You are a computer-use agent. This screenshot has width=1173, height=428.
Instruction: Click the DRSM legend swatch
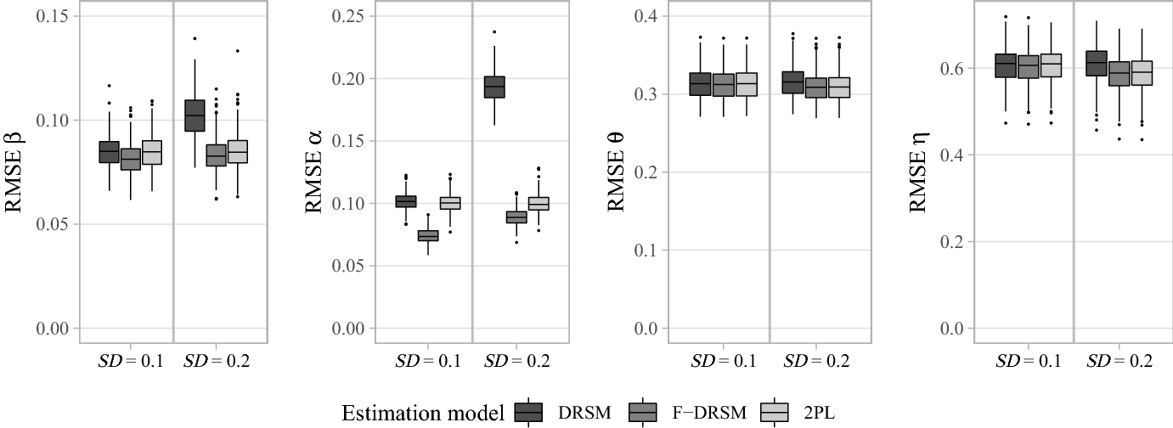coord(527,414)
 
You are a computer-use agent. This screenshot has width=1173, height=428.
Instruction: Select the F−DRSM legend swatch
coord(642,414)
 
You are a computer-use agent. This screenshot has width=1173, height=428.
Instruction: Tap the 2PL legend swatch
coord(774,414)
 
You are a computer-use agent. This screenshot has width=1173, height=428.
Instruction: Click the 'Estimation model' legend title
coord(423,414)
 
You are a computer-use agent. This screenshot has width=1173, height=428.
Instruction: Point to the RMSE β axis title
coord(14,172)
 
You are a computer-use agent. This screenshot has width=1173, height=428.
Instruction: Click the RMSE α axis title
coord(313,172)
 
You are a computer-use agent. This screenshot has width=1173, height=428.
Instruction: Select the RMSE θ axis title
coord(616,172)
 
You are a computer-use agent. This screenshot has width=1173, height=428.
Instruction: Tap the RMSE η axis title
coord(918,172)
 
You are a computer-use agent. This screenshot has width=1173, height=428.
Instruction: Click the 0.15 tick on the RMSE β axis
coord(53,16)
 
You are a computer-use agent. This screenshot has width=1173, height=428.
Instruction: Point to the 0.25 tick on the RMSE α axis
coord(348,16)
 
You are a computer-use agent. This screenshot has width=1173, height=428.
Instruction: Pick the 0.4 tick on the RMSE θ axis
coord(646,16)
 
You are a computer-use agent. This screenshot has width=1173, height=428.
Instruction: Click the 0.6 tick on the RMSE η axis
coord(952,68)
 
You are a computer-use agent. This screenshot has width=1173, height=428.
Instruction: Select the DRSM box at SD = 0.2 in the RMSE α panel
coord(494,87)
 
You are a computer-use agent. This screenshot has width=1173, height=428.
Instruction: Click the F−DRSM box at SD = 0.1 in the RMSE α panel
coord(428,236)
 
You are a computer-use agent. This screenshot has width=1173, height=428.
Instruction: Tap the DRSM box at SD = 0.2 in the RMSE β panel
coord(195,115)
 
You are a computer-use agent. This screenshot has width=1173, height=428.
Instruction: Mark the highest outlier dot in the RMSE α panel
coord(494,32)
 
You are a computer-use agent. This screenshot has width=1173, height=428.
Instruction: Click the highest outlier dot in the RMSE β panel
coord(195,39)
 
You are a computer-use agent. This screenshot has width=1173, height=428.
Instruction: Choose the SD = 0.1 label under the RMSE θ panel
coord(723,362)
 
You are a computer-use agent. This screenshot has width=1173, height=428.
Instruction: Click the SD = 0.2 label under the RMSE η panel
coord(1119,362)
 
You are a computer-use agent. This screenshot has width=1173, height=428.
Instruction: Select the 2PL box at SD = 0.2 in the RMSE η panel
coord(1142,73)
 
